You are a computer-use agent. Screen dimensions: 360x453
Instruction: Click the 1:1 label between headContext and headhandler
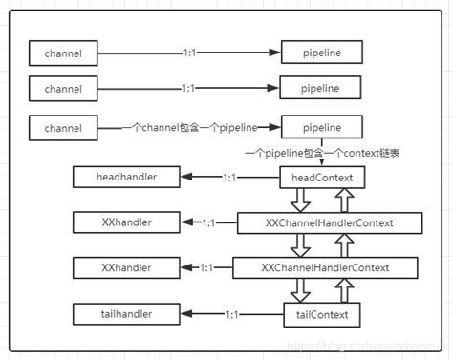click(x=229, y=179)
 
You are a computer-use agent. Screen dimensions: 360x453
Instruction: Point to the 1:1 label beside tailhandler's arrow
click(x=232, y=313)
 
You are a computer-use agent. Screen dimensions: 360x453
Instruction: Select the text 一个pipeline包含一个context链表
click(x=321, y=153)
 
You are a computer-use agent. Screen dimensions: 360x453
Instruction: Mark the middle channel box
click(x=63, y=88)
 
